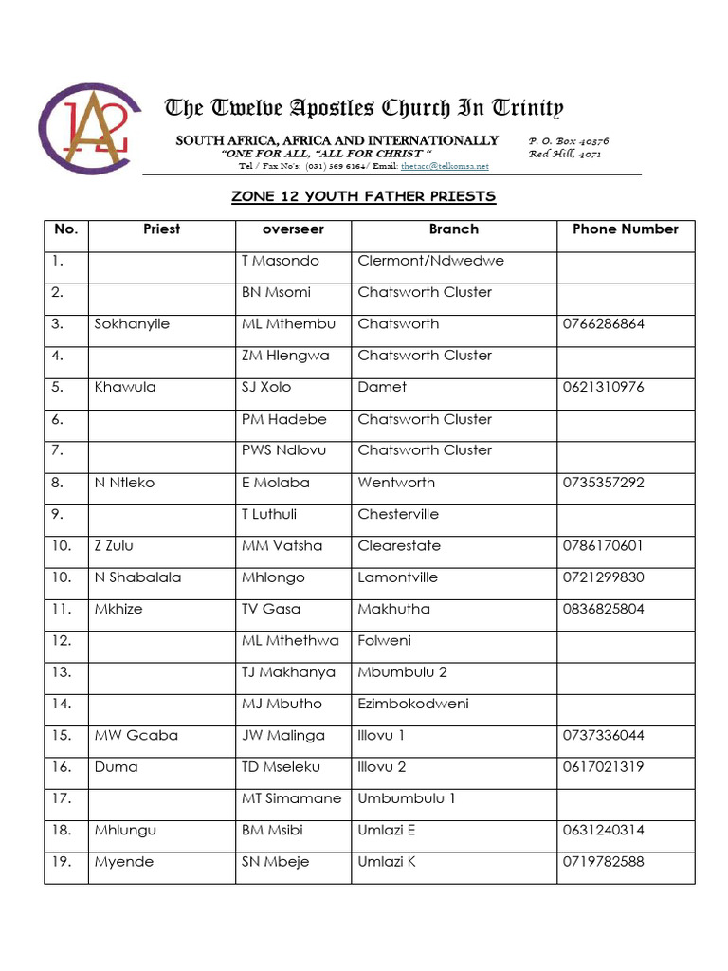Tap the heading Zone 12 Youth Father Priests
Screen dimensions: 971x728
click(364, 196)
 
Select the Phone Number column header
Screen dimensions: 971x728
click(625, 229)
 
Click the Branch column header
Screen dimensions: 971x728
click(453, 229)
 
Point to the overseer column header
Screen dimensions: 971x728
click(293, 229)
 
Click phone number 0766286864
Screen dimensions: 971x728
click(603, 323)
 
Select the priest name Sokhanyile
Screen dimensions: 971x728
click(132, 323)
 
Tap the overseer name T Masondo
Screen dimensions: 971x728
click(280, 260)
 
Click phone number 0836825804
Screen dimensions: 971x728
click(603, 609)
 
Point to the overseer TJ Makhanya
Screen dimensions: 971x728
click(288, 672)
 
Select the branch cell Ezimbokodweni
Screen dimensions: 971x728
click(413, 704)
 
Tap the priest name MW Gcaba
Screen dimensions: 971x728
click(136, 735)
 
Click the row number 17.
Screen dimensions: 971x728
click(63, 798)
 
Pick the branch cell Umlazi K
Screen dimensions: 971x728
click(387, 862)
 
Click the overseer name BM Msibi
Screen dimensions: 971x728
click(275, 830)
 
